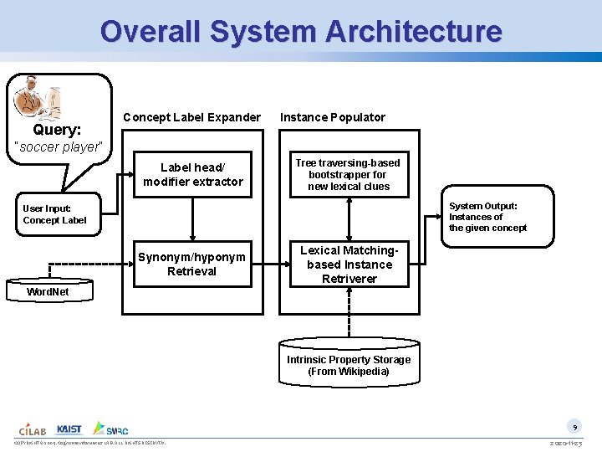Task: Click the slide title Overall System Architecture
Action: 301,31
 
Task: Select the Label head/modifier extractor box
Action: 193,175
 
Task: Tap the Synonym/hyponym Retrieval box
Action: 192,265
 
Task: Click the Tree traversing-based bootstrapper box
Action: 348,175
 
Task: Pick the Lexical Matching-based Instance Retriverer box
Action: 349,265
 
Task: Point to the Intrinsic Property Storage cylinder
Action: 349,365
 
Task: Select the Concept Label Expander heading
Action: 191,117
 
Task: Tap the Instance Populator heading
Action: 333,117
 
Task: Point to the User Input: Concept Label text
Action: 54,214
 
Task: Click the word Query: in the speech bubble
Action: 57,130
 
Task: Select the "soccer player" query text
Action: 59,147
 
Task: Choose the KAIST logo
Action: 69,429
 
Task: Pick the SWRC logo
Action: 111,429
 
